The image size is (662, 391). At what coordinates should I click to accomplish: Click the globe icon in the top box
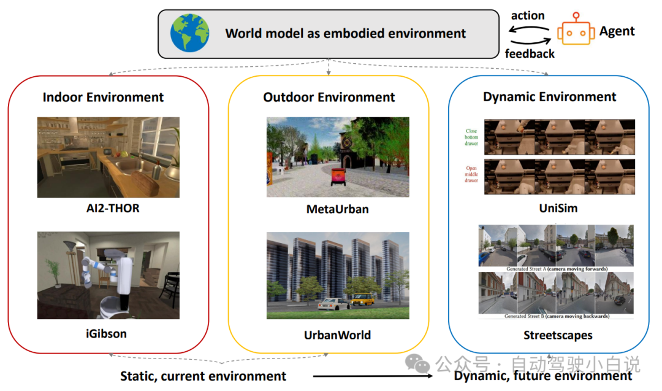pyautogui.click(x=189, y=33)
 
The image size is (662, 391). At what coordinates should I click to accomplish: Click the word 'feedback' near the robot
pyautogui.click(x=530, y=53)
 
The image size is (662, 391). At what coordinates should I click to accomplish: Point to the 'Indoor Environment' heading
pyautogui.click(x=103, y=97)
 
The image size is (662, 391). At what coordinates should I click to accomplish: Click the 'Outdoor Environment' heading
pyautogui.click(x=329, y=97)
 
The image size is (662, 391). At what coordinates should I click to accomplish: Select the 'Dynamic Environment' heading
pyautogui.click(x=549, y=97)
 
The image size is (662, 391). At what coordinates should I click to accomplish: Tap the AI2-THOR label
pyautogui.click(x=108, y=208)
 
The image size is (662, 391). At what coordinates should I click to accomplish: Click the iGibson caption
pyautogui.click(x=107, y=334)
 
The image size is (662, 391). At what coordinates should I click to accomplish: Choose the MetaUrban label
pyautogui.click(x=337, y=209)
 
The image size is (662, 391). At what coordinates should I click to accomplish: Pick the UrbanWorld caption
pyautogui.click(x=337, y=335)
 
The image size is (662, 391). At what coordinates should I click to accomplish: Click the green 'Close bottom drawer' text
pyautogui.click(x=471, y=137)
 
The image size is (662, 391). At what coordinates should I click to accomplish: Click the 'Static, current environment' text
pyautogui.click(x=203, y=376)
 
